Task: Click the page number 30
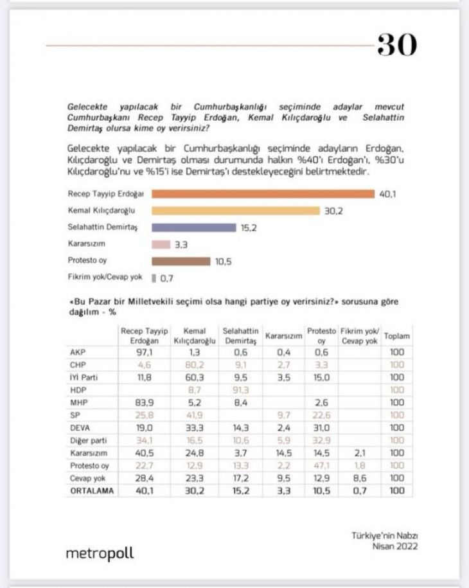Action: point(396,45)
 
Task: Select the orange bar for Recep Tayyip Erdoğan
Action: point(263,194)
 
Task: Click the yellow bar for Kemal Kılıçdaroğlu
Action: point(235,211)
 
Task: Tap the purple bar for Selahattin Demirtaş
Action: point(194,227)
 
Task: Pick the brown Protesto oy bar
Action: point(181,261)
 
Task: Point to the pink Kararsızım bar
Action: point(161,244)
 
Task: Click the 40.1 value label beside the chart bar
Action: point(389,194)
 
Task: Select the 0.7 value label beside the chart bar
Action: point(166,278)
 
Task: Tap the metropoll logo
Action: point(100,553)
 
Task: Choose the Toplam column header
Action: point(396,336)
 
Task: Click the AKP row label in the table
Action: point(76,352)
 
